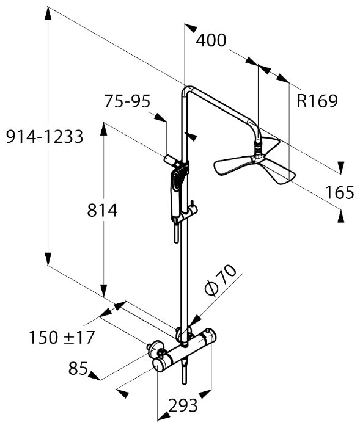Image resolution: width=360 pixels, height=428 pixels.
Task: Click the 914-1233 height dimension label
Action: coord(45,137)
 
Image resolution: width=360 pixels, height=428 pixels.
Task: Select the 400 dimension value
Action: coord(211,40)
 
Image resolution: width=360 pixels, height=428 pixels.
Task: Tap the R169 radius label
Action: coord(317,101)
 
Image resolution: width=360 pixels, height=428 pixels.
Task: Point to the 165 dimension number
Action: coord(340,192)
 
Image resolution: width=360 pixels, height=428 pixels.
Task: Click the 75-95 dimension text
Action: coord(127,101)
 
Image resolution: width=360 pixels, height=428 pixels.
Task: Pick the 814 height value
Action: coord(102,211)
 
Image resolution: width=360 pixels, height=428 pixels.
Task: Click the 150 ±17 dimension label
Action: coord(62,338)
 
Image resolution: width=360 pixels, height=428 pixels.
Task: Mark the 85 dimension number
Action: coord(78,368)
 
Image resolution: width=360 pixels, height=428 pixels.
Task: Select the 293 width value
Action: coord(183,405)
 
